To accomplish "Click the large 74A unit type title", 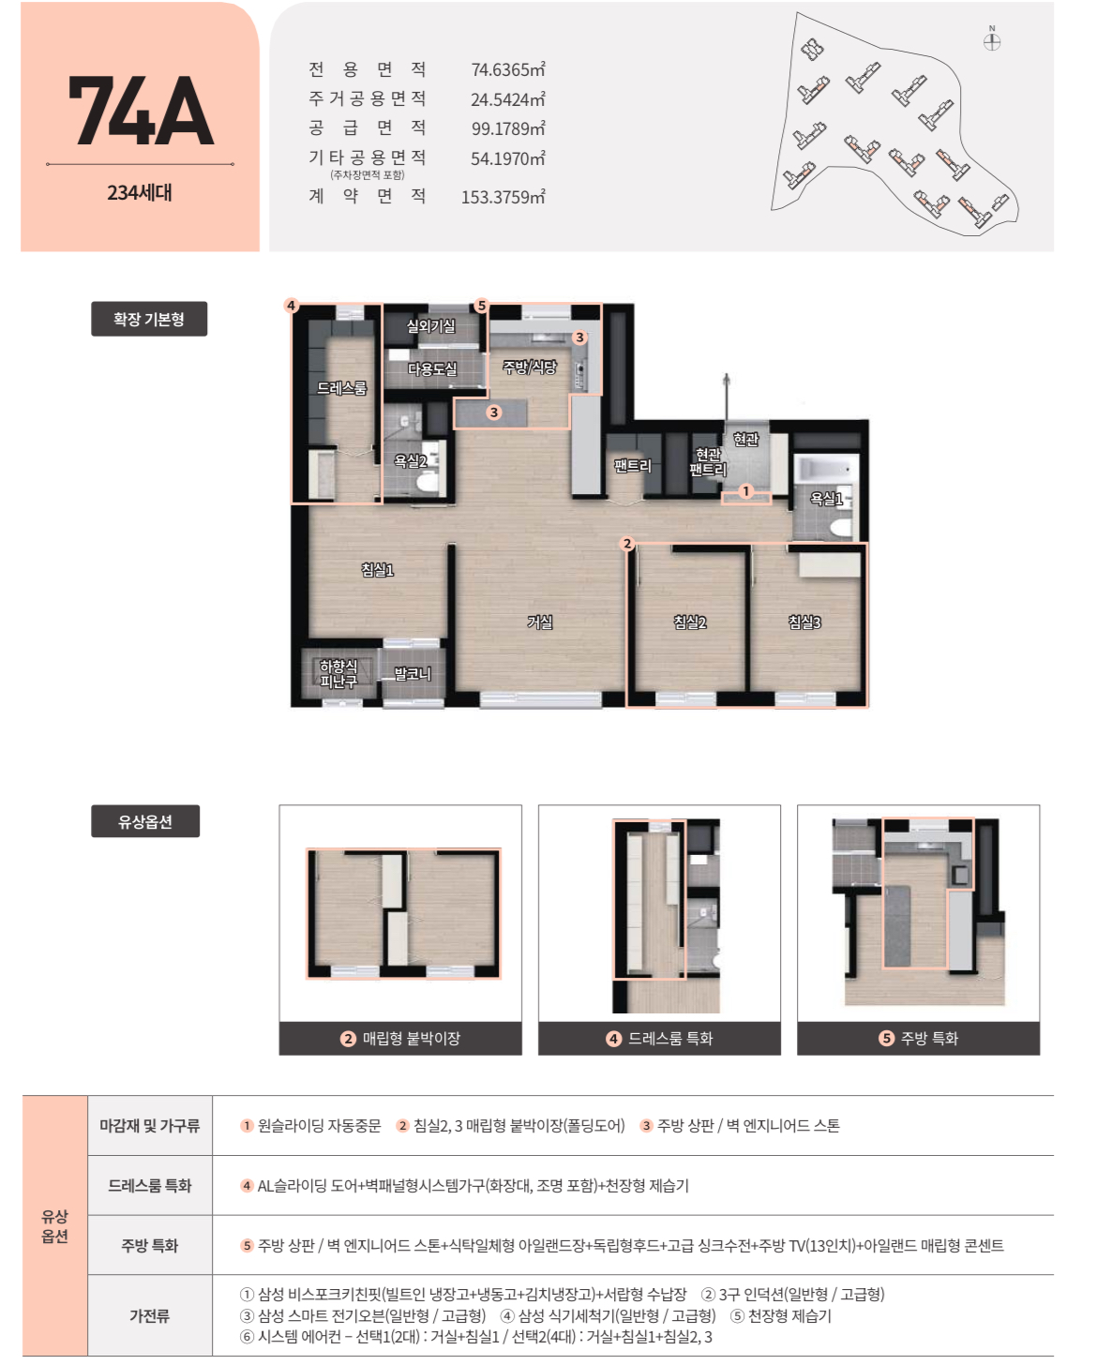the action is pyautogui.click(x=141, y=111).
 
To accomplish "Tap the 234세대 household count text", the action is pyautogui.click(x=140, y=192).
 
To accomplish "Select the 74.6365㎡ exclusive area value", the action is pyautogui.click(x=507, y=69).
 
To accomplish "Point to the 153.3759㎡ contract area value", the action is pyautogui.click(x=503, y=197).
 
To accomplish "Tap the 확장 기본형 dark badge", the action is pyautogui.click(x=149, y=319).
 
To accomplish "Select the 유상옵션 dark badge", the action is pyautogui.click(x=145, y=821).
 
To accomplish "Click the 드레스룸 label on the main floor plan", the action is pyautogui.click(x=341, y=387).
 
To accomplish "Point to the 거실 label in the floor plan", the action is pyautogui.click(x=539, y=622).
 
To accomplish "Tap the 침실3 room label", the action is pyautogui.click(x=804, y=622).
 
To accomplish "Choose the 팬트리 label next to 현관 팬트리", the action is pyautogui.click(x=633, y=466).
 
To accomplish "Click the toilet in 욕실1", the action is pyautogui.click(x=841, y=528).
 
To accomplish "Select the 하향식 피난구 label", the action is pyautogui.click(x=338, y=674).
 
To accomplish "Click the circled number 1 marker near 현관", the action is pyautogui.click(x=746, y=491).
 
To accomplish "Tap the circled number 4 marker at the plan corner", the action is pyautogui.click(x=292, y=305).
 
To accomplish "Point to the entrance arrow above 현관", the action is pyautogui.click(x=727, y=397).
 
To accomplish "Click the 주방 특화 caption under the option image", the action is pyautogui.click(x=918, y=1039).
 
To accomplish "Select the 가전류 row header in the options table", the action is pyautogui.click(x=150, y=1315).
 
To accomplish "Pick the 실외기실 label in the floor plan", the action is pyautogui.click(x=430, y=326).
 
